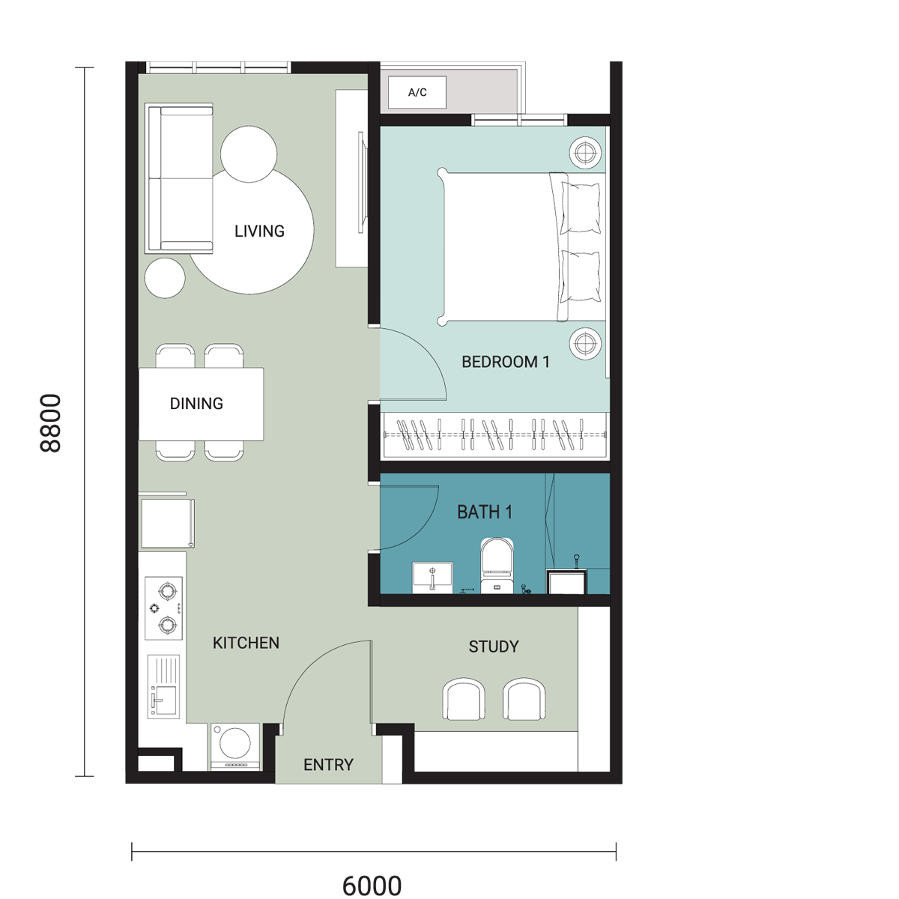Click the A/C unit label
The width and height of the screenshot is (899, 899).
(417, 92)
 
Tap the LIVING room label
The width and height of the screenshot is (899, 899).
(259, 231)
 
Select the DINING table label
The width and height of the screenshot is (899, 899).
(196, 404)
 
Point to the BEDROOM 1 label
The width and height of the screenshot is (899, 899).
(505, 362)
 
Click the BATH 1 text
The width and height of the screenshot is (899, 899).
(485, 512)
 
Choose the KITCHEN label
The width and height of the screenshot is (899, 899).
(246, 643)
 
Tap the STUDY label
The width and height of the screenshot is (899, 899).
(494, 647)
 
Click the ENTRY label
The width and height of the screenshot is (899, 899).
(328, 765)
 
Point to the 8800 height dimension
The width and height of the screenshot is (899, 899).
(50, 423)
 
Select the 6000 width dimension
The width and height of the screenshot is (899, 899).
(372, 886)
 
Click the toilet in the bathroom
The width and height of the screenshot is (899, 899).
(497, 566)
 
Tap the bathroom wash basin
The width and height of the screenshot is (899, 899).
(432, 578)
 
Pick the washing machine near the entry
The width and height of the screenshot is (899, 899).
(235, 746)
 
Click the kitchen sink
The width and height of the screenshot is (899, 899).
(163, 687)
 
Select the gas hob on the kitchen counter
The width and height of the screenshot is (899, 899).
(163, 608)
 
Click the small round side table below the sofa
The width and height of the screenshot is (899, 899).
(165, 278)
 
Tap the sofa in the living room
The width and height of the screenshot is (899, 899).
(179, 178)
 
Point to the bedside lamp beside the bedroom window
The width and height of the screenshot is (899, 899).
(585, 153)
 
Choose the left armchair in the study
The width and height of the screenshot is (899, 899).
(463, 699)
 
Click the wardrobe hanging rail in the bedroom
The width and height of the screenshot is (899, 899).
(494, 435)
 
